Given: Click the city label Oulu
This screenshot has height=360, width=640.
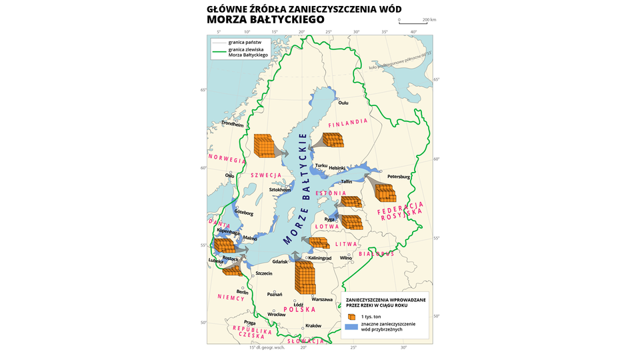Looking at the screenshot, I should pyautogui.click(x=343, y=103).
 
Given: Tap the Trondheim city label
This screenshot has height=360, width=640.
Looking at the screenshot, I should pyautogui.click(x=233, y=123).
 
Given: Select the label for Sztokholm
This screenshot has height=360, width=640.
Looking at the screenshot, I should pyautogui.click(x=280, y=190).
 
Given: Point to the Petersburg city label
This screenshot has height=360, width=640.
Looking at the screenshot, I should pyautogui.click(x=399, y=177).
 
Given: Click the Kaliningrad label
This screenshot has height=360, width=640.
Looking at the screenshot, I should pyautogui.click(x=320, y=258).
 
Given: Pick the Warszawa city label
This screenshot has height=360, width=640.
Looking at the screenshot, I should pyautogui.click(x=322, y=299).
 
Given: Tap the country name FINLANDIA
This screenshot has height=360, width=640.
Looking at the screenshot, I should pyautogui.click(x=349, y=123).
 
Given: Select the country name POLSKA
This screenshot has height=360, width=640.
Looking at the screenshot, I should pyautogui.click(x=299, y=309).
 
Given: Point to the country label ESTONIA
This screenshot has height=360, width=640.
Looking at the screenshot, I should pyautogui.click(x=331, y=193).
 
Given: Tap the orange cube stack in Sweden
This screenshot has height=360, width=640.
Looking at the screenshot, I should pyautogui.click(x=264, y=145).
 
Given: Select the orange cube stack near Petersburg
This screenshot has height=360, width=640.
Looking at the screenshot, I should pyautogui.click(x=386, y=193).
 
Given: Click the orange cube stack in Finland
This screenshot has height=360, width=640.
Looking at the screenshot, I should pyautogui.click(x=333, y=140).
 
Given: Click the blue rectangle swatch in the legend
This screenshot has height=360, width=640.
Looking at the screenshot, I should pyautogui.click(x=351, y=326).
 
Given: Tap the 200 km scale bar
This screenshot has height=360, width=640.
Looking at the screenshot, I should pyautogui.click(x=413, y=23).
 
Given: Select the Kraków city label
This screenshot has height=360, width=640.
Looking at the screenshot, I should pyautogui.click(x=313, y=326).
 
